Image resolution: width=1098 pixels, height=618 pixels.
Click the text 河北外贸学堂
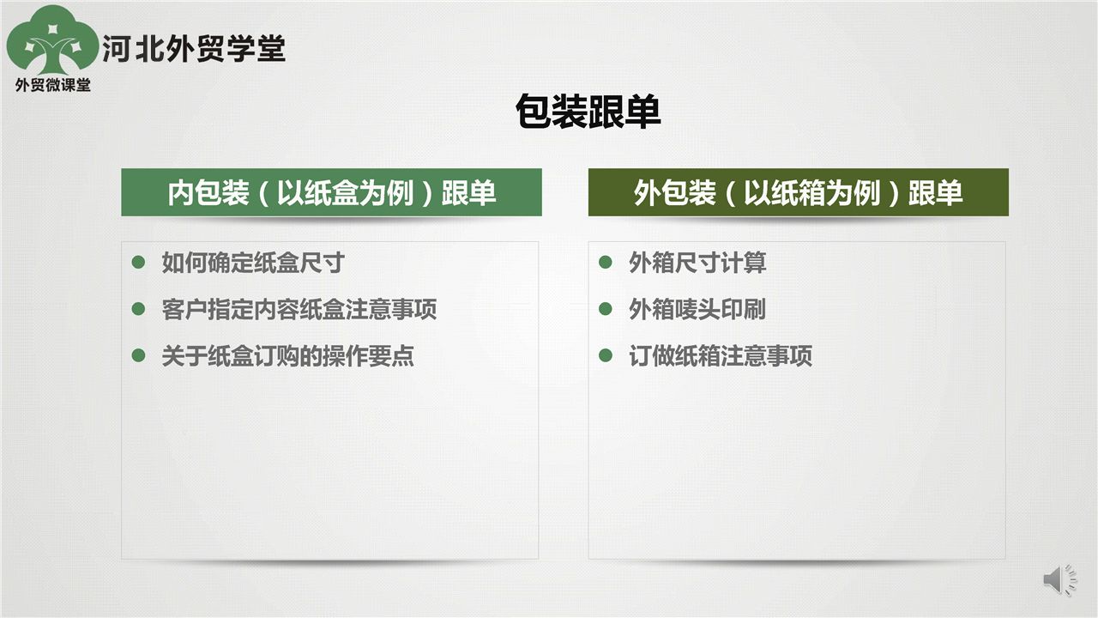pyautogui.click(x=194, y=49)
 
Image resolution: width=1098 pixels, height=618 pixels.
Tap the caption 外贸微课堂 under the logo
pyautogui.click(x=53, y=85)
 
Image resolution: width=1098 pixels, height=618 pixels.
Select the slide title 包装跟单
pyautogui.click(x=588, y=112)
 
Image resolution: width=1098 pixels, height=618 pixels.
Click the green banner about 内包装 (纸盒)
pyautogui.click(x=331, y=192)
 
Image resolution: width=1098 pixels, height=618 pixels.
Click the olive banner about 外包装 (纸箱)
pyautogui.click(x=799, y=192)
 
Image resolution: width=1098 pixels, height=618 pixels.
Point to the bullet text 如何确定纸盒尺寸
pyautogui.click(x=253, y=263)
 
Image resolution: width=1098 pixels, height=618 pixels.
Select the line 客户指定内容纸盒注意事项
pyautogui.click(x=299, y=309)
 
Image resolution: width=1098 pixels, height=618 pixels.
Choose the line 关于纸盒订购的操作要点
pyautogui.click(x=287, y=355)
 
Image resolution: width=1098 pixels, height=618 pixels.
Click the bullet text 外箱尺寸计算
pyautogui.click(x=697, y=263)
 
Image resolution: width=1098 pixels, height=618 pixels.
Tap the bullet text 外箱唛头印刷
pyautogui.click(x=697, y=309)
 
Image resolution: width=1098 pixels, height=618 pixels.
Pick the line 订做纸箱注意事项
pyautogui.click(x=721, y=355)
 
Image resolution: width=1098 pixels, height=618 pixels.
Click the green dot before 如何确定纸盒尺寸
pyautogui.click(x=138, y=262)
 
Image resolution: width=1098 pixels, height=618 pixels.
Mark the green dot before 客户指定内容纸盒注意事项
pyautogui.click(x=138, y=308)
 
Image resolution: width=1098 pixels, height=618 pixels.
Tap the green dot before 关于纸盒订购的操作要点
pyautogui.click(x=138, y=355)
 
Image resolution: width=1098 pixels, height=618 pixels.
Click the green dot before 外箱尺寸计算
pyautogui.click(x=606, y=262)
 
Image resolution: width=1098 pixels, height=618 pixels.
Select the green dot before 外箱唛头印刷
pyautogui.click(x=606, y=308)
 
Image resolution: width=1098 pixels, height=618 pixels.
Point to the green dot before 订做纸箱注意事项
pyautogui.click(x=606, y=355)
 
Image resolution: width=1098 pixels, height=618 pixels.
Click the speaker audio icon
pyautogui.click(x=1059, y=579)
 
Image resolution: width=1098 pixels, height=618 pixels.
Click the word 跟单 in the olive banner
pyautogui.click(x=935, y=192)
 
